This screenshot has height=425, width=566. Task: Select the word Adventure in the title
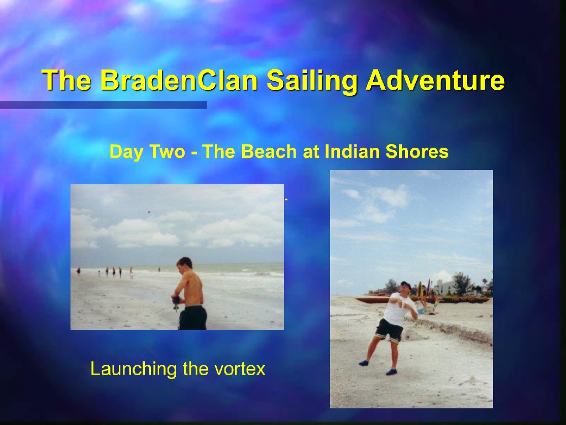pyautogui.click(x=435, y=80)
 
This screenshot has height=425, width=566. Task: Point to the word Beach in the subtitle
pyautogui.click(x=269, y=151)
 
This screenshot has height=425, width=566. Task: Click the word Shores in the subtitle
pyautogui.click(x=417, y=151)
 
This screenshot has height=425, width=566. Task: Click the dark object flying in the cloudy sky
pyautogui.click(x=149, y=212)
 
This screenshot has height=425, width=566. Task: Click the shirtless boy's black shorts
pyautogui.click(x=193, y=317)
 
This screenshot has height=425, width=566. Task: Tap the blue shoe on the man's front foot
pyautogui.click(x=392, y=371)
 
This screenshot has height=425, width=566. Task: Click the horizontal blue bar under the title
pyautogui.click(x=103, y=105)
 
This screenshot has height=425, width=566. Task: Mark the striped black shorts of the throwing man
pyautogui.click(x=390, y=330)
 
